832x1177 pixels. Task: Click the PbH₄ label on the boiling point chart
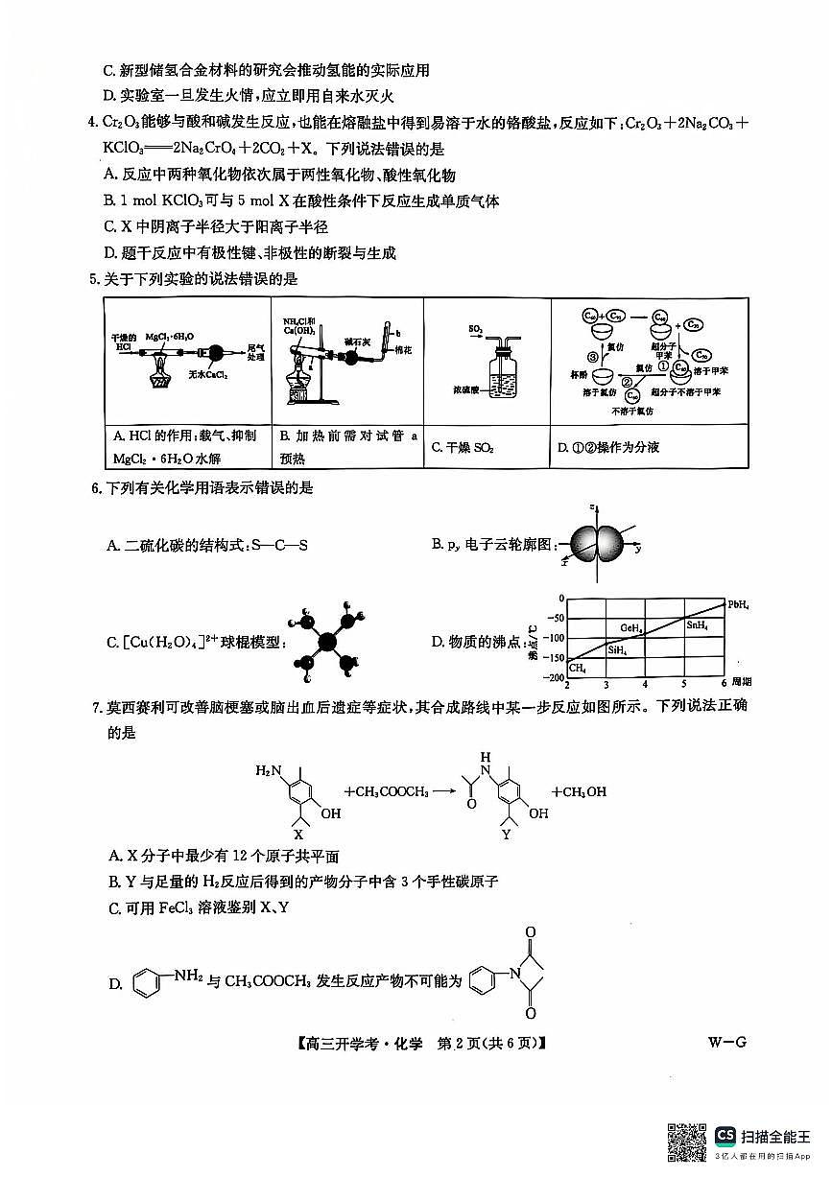pos(738,604)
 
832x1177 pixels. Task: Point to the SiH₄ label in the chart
pos(616,649)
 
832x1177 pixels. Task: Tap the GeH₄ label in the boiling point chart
pos(630,628)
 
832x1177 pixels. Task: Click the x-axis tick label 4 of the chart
pos(644,686)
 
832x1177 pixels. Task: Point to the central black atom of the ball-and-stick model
pos(327,642)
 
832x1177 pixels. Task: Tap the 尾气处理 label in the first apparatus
pos(254,351)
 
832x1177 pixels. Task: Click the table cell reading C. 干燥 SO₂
pos(487,447)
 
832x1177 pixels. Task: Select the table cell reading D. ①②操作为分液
pos(649,447)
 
